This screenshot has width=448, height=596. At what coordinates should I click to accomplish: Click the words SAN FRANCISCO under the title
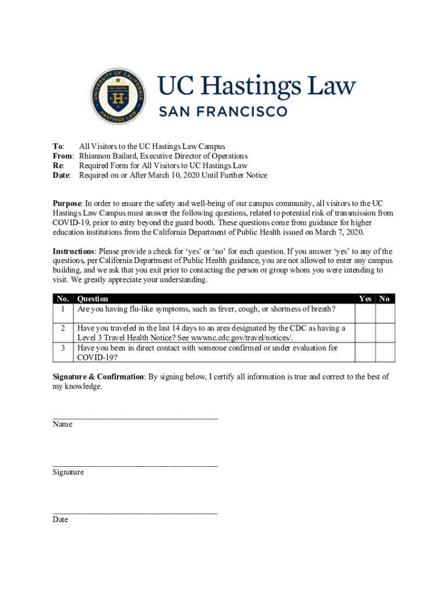coord(223,111)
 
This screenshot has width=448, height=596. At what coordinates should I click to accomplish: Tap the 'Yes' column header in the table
coord(365,299)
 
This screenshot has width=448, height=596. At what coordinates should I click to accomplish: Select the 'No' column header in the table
coord(385,299)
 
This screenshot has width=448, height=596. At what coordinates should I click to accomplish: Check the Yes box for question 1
coord(365,313)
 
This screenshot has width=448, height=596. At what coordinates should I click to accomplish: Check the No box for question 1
coord(385,313)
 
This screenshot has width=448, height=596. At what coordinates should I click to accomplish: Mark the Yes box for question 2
coord(365,333)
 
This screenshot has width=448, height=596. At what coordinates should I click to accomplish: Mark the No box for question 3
coord(385,352)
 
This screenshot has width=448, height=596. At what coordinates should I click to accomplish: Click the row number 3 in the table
coord(62,348)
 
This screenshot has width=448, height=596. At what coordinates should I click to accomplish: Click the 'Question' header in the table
coord(93,299)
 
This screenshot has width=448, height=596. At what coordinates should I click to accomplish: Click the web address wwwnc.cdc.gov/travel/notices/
coord(241,338)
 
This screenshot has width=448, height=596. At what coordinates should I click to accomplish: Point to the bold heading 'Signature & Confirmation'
coord(98,377)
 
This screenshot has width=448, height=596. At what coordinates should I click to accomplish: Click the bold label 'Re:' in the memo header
coord(59,166)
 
